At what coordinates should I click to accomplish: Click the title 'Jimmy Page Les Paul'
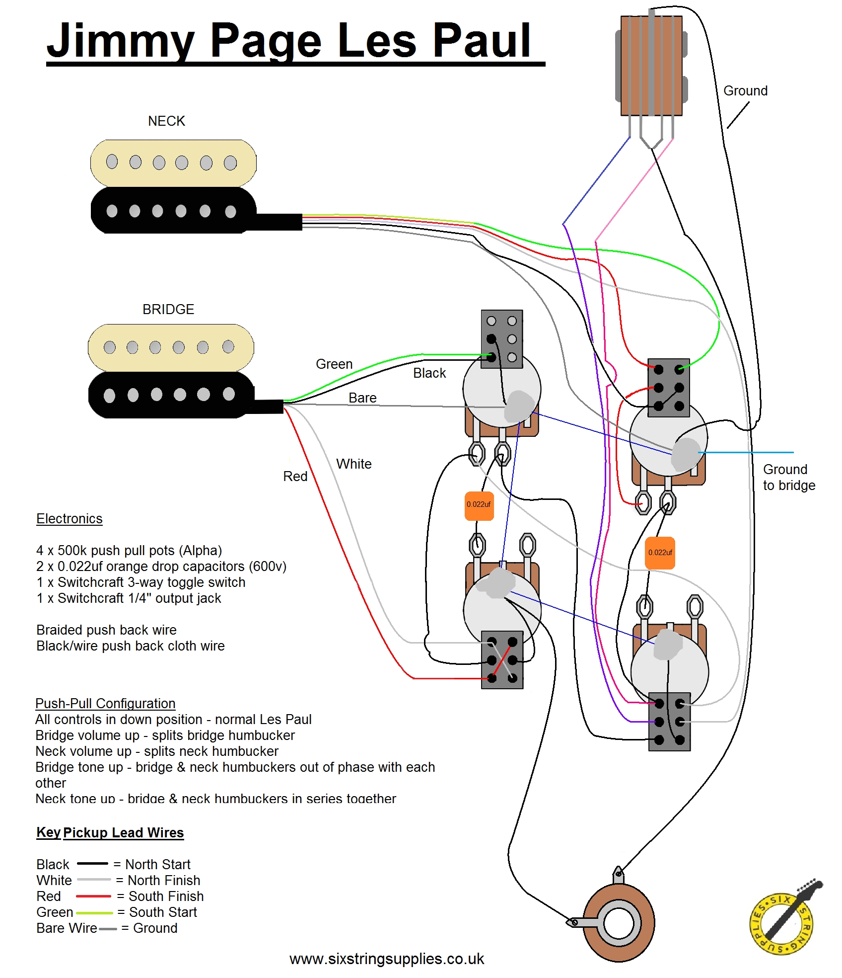[x=289, y=41]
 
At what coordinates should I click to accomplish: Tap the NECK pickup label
[x=166, y=121]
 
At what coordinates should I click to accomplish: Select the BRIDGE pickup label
[x=168, y=309]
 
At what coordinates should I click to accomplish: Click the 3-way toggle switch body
[x=651, y=66]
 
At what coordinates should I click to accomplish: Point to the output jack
[x=618, y=923]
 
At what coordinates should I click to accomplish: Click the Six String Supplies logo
[x=783, y=919]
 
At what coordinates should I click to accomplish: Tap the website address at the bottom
[x=387, y=959]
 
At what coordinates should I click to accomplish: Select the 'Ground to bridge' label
[x=789, y=477]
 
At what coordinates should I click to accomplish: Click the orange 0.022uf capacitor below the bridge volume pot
[x=479, y=506]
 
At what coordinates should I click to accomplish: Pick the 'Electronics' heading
[x=69, y=518]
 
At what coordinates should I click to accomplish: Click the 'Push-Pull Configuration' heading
[x=105, y=703]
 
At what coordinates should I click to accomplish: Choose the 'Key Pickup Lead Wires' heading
[x=110, y=832]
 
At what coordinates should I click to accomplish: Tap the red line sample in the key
[x=93, y=896]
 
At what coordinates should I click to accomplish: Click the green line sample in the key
[x=94, y=912]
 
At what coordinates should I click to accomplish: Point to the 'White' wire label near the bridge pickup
[x=353, y=464]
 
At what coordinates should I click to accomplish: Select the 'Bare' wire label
[x=362, y=398]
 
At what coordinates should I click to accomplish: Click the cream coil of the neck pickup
[x=173, y=163]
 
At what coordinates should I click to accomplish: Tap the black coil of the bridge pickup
[x=171, y=395]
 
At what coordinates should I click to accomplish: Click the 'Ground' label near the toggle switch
[x=745, y=91]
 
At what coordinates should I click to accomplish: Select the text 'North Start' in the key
[x=158, y=864]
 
